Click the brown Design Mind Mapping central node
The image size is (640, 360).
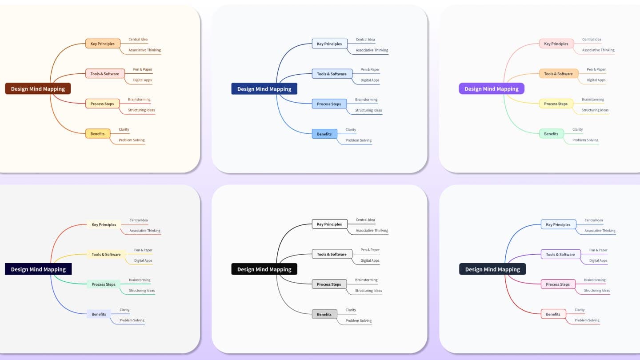coord(38,89)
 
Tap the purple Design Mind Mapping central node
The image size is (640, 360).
coord(491,89)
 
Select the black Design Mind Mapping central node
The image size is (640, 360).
coord(264,269)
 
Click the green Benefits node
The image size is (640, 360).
coord(551,134)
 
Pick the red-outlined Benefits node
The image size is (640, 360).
coord(553,314)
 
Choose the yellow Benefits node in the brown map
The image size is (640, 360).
coord(97,134)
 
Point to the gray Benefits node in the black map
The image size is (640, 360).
coord(324,314)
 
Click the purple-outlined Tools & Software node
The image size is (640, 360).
coord(560,255)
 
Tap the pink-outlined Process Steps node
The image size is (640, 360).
coord(557,284)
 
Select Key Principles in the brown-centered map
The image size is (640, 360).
coord(102,44)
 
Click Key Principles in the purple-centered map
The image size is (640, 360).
coord(556,44)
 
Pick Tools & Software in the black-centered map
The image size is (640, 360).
coord(332,254)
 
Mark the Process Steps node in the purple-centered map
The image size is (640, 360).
coord(556,104)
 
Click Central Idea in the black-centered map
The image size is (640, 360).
coord(365,220)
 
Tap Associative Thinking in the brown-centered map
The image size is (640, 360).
coord(144,50)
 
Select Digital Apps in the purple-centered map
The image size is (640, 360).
coord(596,80)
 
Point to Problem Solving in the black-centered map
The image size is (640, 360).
coord(359,320)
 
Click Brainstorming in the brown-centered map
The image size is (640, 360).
coord(139,100)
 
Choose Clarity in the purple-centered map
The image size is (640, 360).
coord(577,130)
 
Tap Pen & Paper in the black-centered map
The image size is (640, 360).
coord(370,250)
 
